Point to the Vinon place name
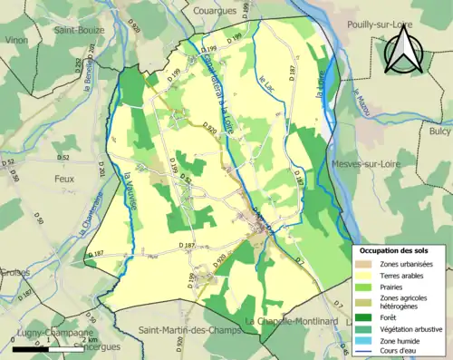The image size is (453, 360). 16,41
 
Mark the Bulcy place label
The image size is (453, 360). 439,131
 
